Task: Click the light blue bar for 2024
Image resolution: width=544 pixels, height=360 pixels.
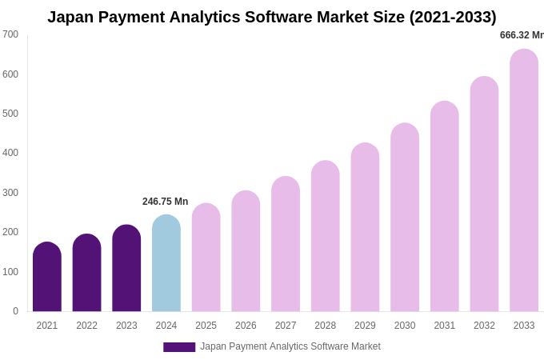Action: tap(166, 263)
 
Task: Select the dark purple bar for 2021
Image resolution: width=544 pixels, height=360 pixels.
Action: tap(47, 277)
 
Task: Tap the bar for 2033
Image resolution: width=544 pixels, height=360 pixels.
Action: tap(524, 180)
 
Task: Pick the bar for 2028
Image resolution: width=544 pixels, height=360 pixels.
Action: tap(326, 236)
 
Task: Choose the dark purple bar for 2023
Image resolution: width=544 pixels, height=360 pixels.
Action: tap(126, 268)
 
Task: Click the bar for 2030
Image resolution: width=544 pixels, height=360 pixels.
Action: tap(405, 217)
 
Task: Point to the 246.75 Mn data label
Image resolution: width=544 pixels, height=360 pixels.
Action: tap(166, 202)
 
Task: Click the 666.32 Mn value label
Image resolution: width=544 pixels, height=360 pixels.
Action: tap(522, 35)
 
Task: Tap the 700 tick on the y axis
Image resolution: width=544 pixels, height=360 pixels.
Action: tap(10, 34)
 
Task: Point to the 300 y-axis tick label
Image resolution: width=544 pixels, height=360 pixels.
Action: tap(10, 193)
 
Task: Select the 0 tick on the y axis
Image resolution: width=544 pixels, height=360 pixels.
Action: tap(15, 311)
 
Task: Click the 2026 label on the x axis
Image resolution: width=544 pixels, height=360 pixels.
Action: tap(246, 326)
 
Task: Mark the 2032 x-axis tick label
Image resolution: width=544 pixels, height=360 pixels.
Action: tap(484, 326)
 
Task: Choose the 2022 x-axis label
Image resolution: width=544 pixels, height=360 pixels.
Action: tap(86, 326)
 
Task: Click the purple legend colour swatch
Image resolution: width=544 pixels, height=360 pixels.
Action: tap(179, 347)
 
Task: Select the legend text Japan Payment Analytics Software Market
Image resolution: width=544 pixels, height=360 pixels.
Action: tap(290, 346)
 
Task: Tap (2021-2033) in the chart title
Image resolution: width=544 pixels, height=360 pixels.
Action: tap(453, 17)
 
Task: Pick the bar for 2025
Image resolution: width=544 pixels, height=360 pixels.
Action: tap(206, 258)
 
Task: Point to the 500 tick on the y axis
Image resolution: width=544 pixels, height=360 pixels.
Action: tap(10, 114)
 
